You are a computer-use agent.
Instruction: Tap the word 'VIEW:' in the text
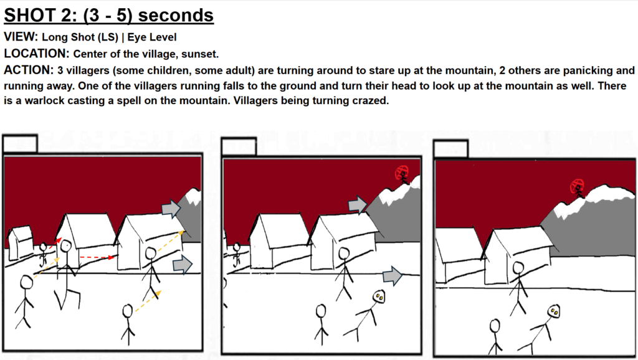(21, 37)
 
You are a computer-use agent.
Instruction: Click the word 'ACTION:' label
(29, 70)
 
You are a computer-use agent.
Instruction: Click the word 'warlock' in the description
(43, 100)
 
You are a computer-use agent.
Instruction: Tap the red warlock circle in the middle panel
(402, 173)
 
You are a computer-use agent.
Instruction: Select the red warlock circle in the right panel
(577, 187)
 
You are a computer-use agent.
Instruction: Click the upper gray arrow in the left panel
(171, 209)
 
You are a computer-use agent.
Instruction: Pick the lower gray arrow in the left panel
(183, 265)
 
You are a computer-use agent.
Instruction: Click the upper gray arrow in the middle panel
(357, 205)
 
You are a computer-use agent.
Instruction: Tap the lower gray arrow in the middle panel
(393, 276)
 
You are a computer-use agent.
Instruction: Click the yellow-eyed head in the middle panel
(379, 296)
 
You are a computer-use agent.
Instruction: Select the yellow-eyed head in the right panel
(554, 311)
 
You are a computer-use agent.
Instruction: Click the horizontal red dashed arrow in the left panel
(97, 257)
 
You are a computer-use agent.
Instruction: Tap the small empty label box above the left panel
(21, 144)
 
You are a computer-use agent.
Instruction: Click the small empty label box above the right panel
(451, 148)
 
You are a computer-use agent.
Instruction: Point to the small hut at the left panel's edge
(21, 242)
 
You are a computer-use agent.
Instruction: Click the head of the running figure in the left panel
(66, 246)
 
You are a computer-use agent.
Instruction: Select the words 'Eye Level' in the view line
(152, 37)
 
